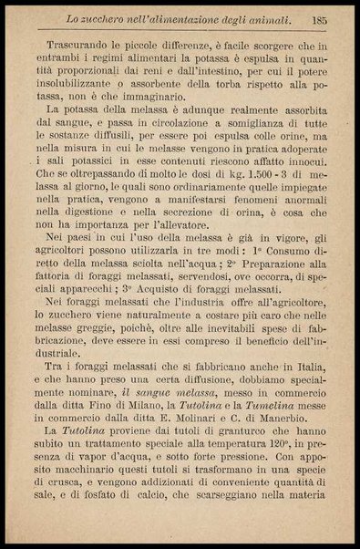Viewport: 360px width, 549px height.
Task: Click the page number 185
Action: click(x=317, y=18)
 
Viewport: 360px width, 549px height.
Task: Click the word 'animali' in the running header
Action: click(x=266, y=18)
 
